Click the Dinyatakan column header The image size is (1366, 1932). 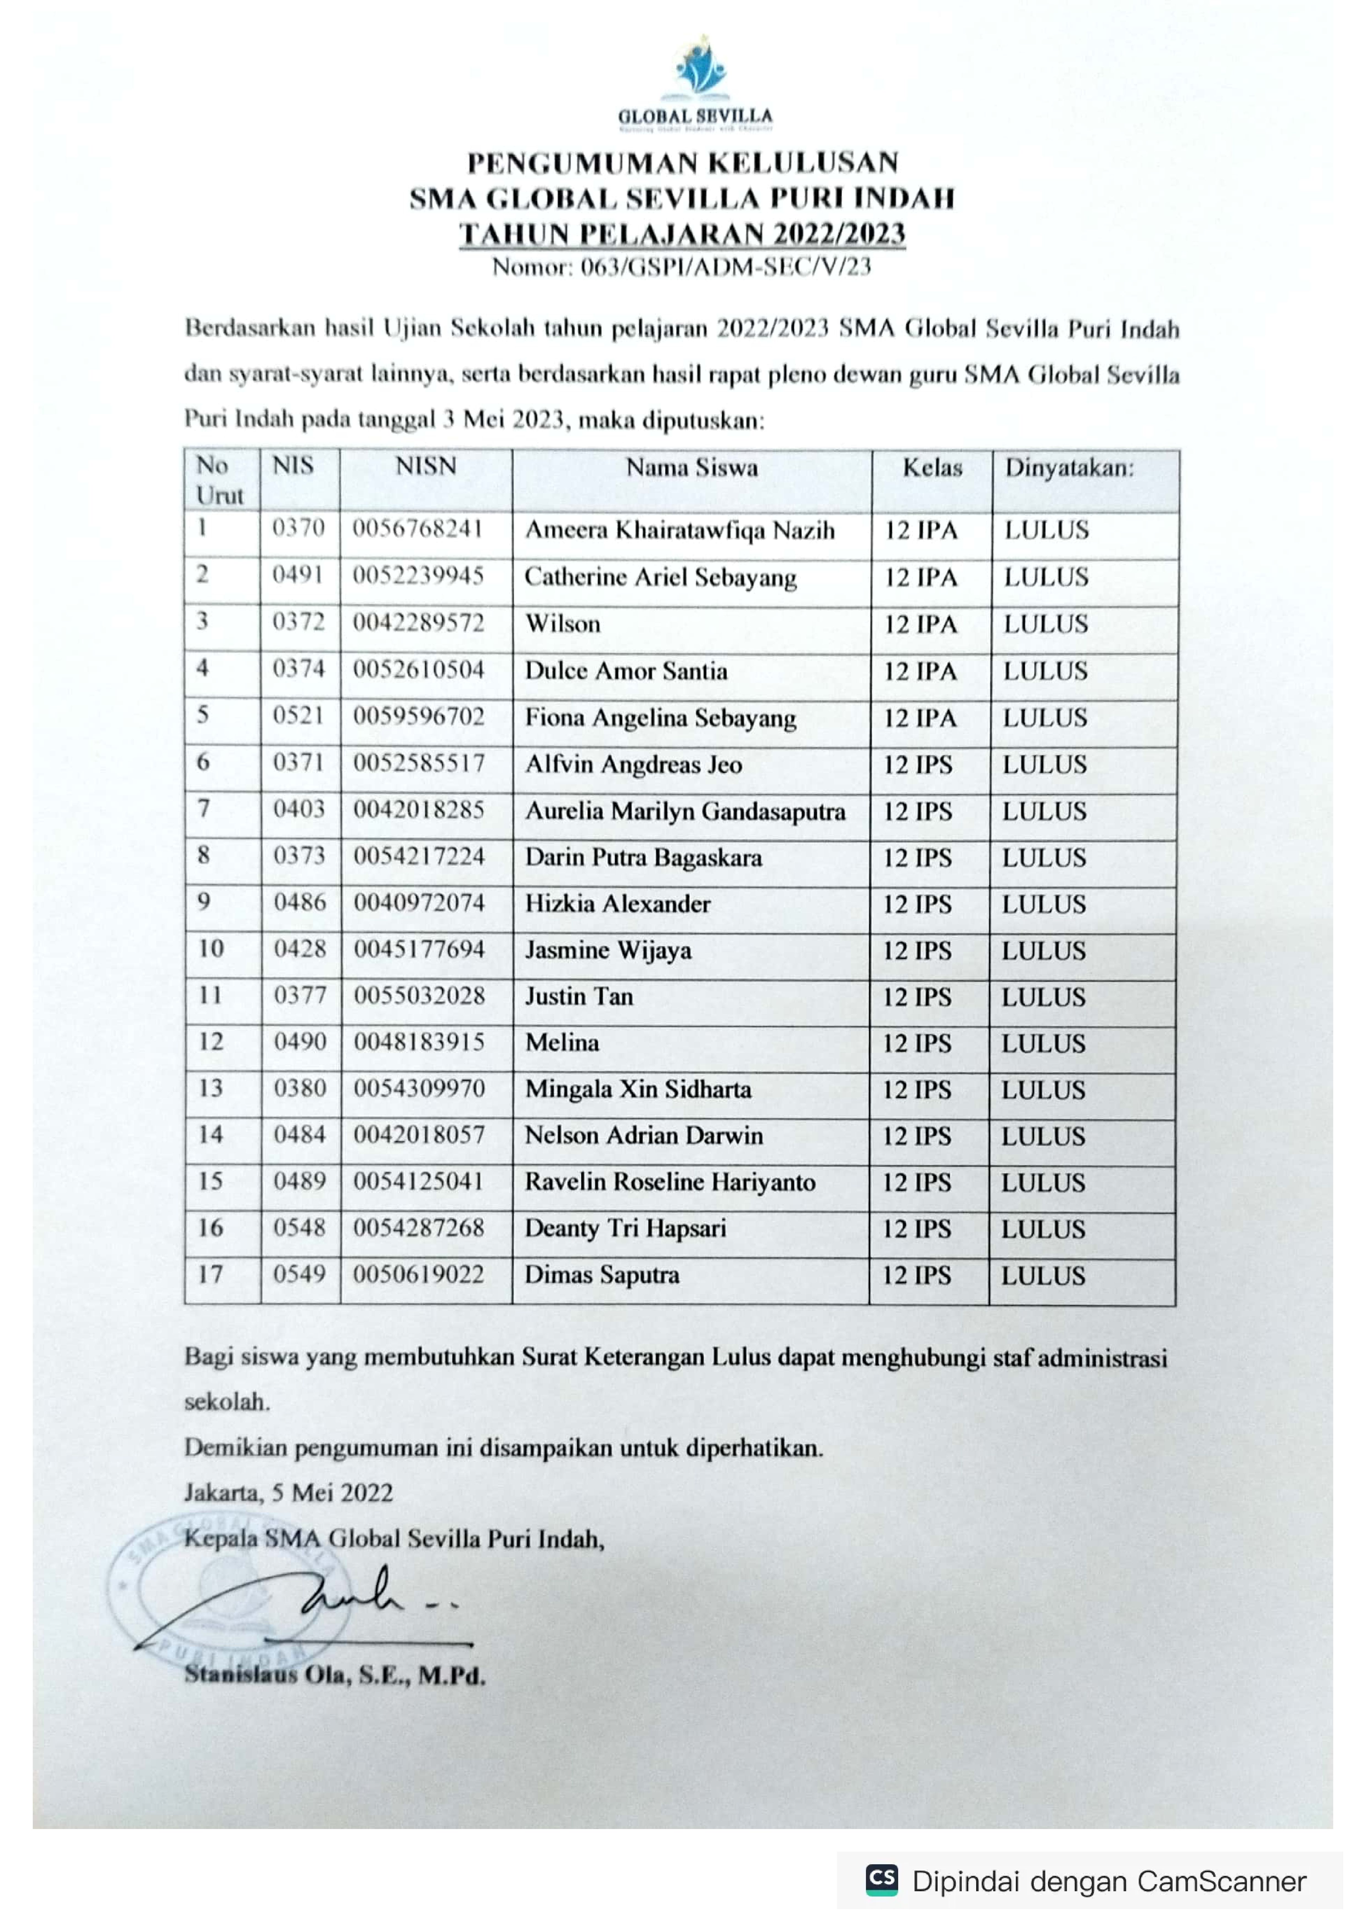[x=1069, y=468]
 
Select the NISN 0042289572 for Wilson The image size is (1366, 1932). [x=418, y=623]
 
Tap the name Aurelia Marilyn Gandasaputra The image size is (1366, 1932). [x=685, y=811]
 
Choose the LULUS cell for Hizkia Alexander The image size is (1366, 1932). [x=1044, y=905]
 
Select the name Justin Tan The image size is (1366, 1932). [x=579, y=997]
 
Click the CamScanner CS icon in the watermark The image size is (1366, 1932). [x=881, y=1880]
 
